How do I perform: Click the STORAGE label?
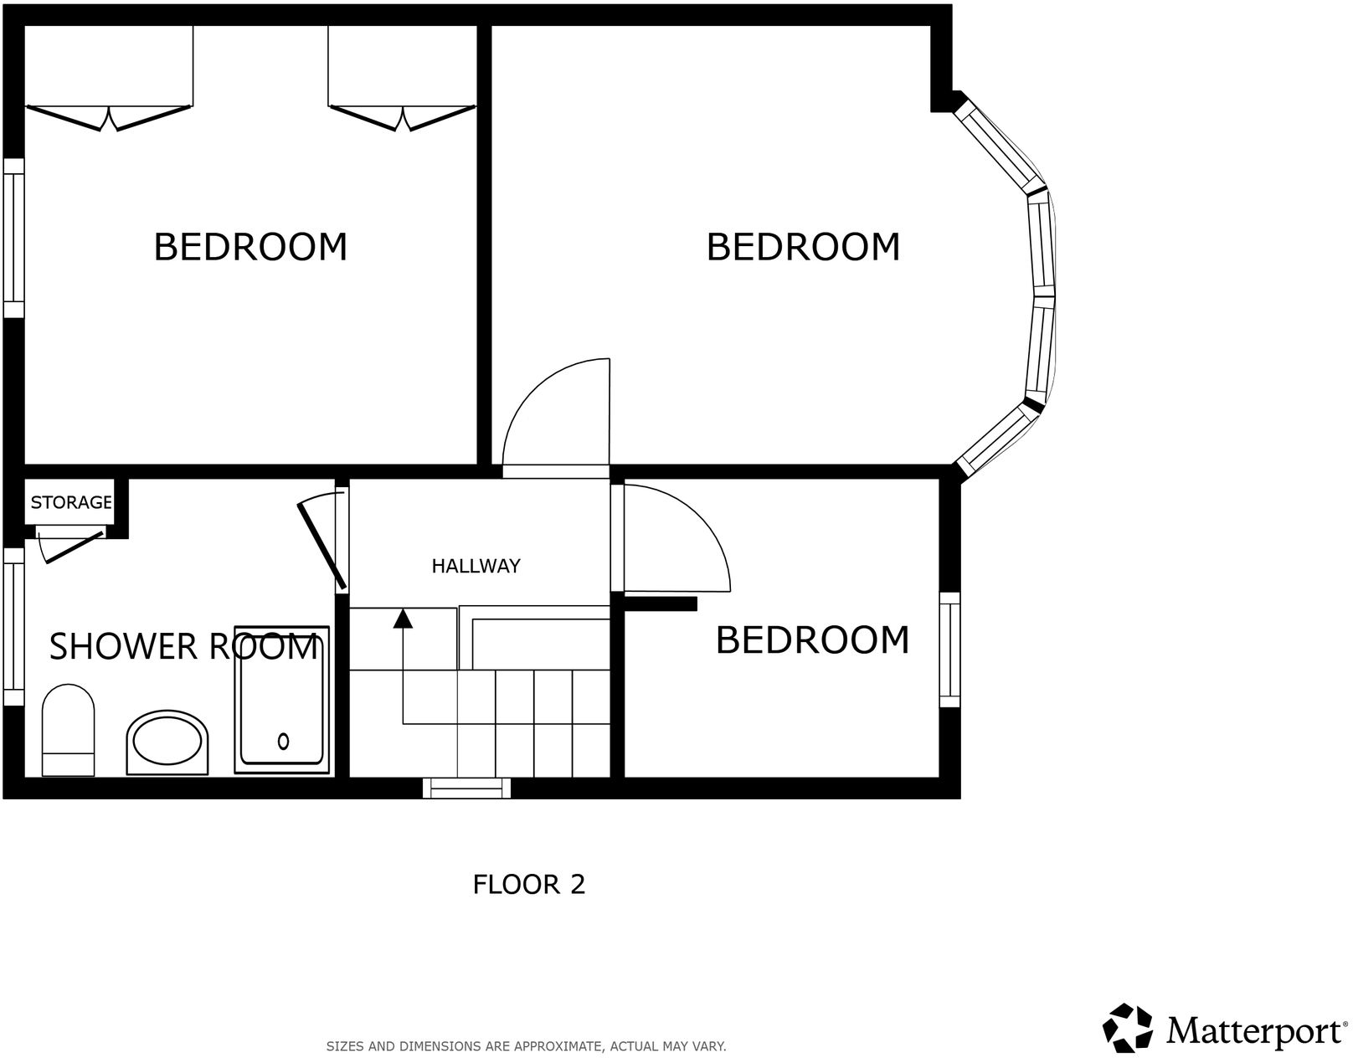[71, 502]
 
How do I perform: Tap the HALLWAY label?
[476, 566]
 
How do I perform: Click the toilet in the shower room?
[68, 730]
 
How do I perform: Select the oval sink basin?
[167, 742]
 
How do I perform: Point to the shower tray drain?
[283, 741]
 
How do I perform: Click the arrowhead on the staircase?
[404, 619]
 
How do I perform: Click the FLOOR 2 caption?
[528, 884]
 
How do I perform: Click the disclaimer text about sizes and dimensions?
[526, 1046]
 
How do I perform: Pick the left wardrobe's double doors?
[109, 118]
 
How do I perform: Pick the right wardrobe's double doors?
[403, 118]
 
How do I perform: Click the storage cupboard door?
[70, 546]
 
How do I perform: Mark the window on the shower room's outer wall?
[13, 626]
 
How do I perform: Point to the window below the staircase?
[466, 788]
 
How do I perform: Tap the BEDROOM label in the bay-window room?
[803, 247]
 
